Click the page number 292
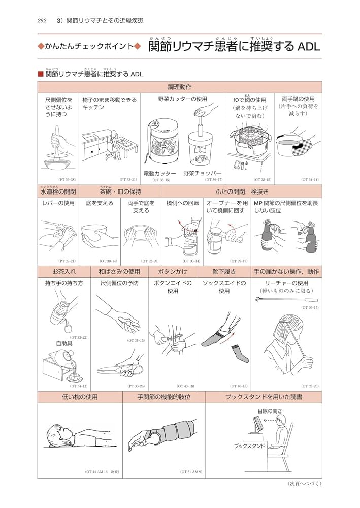pyautogui.click(x=42, y=21)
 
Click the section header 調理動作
pyautogui.click(x=179, y=87)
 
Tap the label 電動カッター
pyautogui.click(x=160, y=173)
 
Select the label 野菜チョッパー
pyautogui.click(x=203, y=173)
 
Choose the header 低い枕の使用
pyautogui.click(x=80, y=397)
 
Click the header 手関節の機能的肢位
pyautogui.click(x=163, y=397)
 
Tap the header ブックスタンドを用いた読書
pyautogui.click(x=263, y=397)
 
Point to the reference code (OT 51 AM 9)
pyautogui.click(x=191, y=472)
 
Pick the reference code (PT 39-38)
pyautogui.click(x=67, y=180)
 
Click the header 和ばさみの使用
pyautogui.click(x=119, y=272)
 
